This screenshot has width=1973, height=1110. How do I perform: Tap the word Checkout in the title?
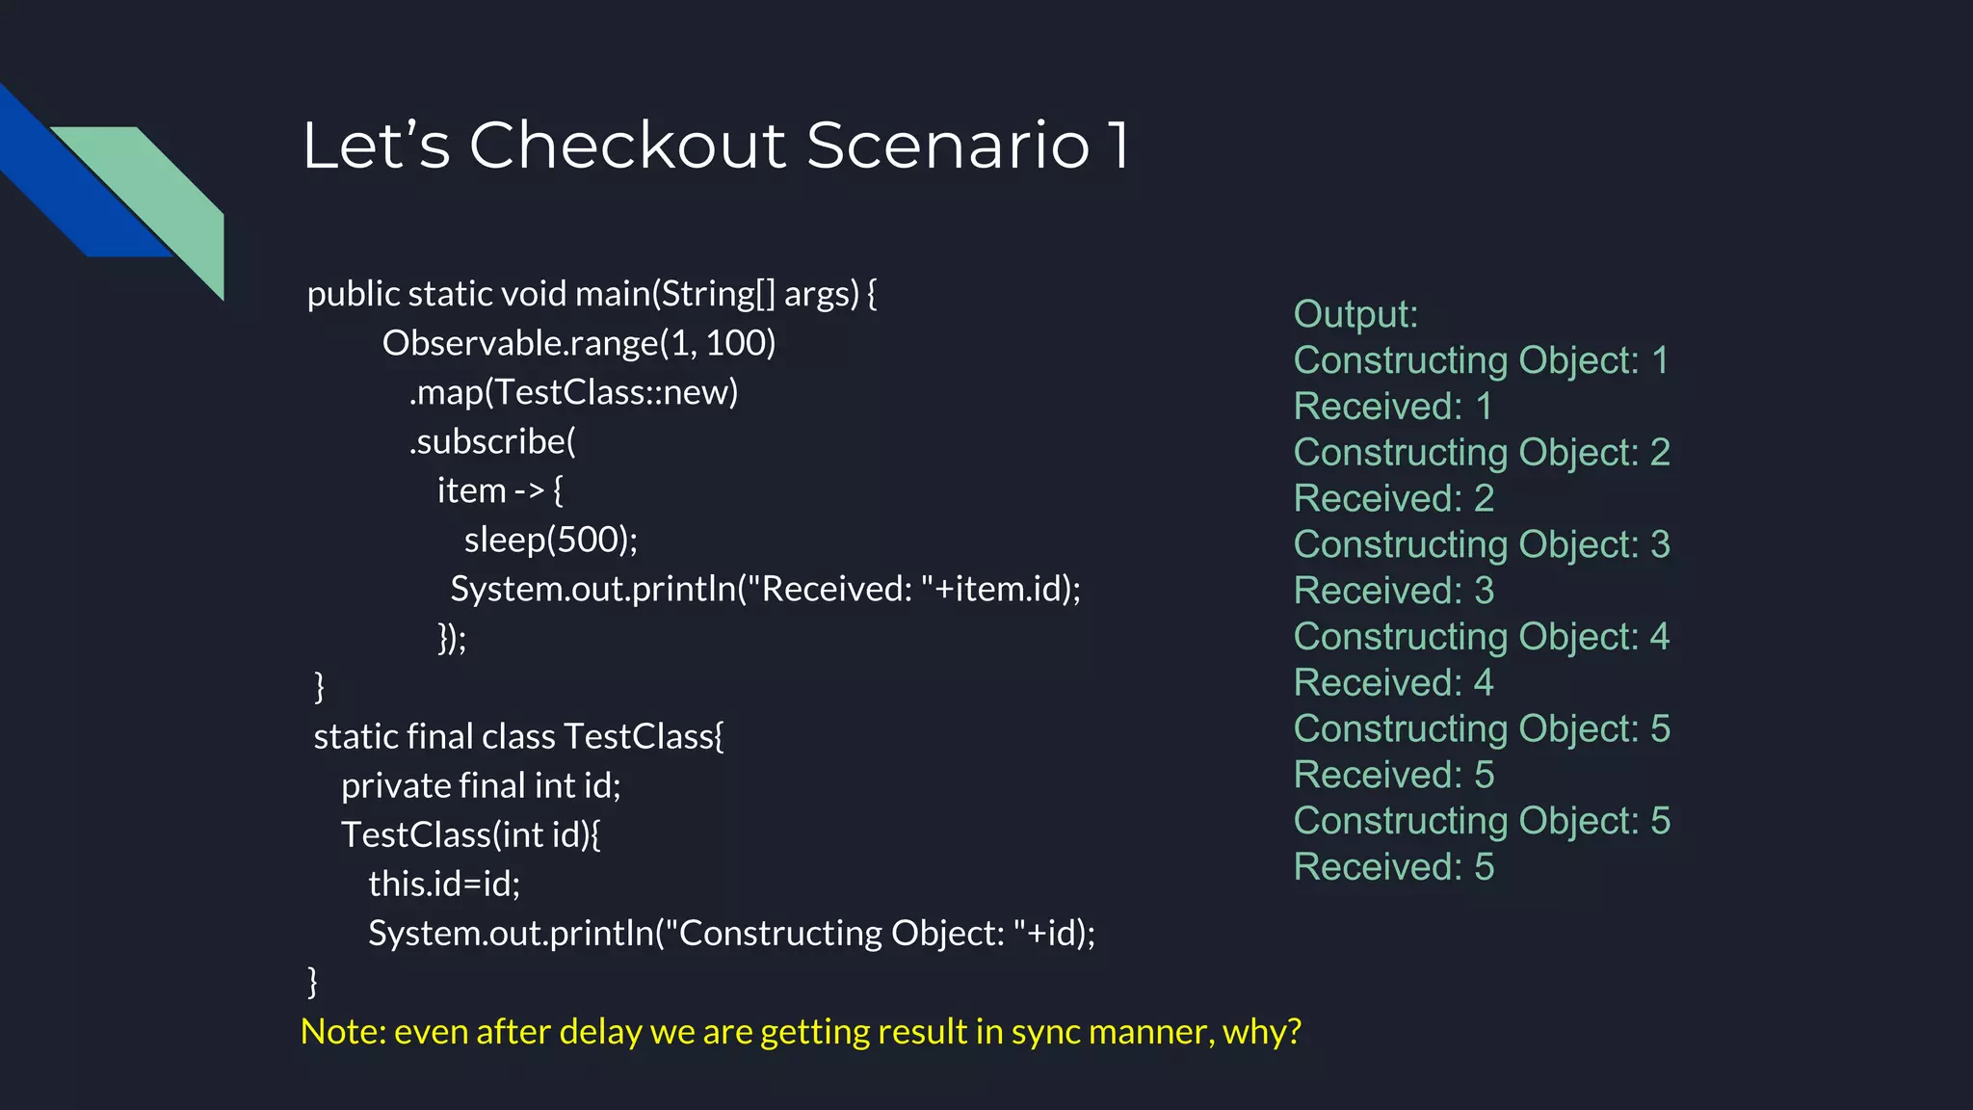pyautogui.click(x=627, y=145)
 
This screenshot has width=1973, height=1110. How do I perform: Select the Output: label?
pyautogui.click(x=1355, y=314)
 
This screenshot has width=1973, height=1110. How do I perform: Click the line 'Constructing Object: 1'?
pyautogui.click(x=1481, y=360)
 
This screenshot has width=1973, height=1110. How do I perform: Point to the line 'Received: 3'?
pyautogui.click(x=1393, y=591)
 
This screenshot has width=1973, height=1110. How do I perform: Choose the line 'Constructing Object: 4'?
pyautogui.click(x=1482, y=637)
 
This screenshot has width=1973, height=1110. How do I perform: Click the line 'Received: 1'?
pyautogui.click(x=1392, y=407)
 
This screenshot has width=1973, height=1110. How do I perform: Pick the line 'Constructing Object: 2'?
pyautogui.click(x=1482, y=453)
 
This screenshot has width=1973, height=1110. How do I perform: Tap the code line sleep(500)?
pyautogui.click(x=550, y=540)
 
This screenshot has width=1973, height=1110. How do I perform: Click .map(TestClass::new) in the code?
pyautogui.click(x=573, y=392)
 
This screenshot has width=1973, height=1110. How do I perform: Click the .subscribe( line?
pyautogui.click(x=492, y=441)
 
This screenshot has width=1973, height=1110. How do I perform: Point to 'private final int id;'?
pyautogui.click(x=481, y=786)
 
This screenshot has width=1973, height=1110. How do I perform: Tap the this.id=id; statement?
pyautogui.click(x=444, y=884)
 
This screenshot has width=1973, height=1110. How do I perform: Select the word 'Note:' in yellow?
pyautogui.click(x=343, y=1032)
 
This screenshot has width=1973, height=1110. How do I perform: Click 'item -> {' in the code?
pyautogui.click(x=500, y=490)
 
